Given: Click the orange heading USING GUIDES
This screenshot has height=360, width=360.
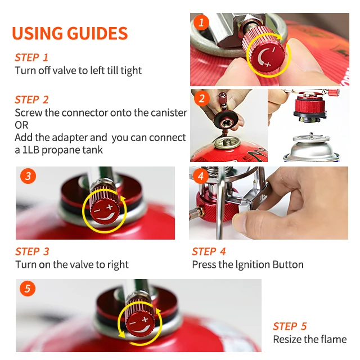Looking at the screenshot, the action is (x=70, y=33).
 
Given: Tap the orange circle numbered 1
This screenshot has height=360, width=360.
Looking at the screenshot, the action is (x=201, y=22).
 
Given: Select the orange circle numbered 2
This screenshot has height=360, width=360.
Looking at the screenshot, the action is (x=202, y=98).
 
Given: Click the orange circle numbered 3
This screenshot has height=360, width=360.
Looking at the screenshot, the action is (x=28, y=176).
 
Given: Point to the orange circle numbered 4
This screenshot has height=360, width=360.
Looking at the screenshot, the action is (x=201, y=176).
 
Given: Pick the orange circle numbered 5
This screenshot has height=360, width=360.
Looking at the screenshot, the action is (x=28, y=289).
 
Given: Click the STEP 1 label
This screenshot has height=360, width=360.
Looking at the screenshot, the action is (x=31, y=57).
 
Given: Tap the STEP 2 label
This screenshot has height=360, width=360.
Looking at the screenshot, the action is (x=31, y=100).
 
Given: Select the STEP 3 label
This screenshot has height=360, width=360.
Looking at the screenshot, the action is (x=33, y=251).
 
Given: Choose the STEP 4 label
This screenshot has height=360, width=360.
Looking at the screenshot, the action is (x=209, y=251).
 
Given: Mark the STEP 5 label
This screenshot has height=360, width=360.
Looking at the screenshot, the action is (x=290, y=326).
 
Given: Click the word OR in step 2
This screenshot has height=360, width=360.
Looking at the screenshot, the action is (x=21, y=125).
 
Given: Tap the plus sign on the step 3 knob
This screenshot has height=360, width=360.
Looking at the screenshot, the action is (x=110, y=206).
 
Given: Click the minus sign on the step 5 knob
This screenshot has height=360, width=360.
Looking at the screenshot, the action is (x=133, y=323).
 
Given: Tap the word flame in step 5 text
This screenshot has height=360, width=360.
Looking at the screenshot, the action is (x=334, y=339).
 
